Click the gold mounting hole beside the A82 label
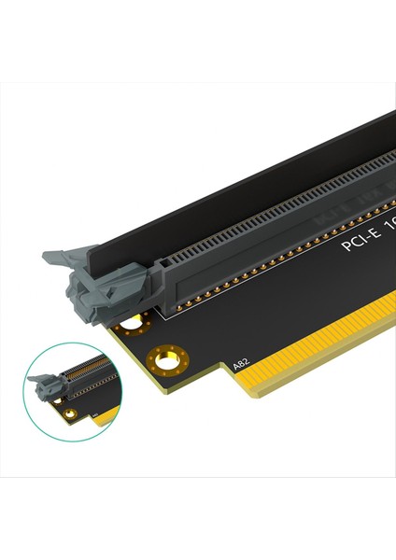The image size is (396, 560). [x=170, y=357]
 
